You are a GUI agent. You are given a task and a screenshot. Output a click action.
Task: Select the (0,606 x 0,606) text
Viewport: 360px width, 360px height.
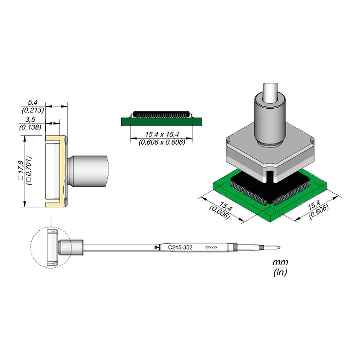[162, 142]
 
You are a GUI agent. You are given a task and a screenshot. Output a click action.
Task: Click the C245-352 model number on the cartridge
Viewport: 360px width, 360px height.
[180, 248]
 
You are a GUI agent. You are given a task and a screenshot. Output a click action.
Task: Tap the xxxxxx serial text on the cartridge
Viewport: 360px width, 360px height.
[211, 248]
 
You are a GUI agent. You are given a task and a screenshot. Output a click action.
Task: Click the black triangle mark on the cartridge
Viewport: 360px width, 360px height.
[156, 247]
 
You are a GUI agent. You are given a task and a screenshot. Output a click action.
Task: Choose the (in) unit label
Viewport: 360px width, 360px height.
[280, 273]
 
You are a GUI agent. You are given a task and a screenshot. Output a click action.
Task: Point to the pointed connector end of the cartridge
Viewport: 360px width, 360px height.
[278, 247]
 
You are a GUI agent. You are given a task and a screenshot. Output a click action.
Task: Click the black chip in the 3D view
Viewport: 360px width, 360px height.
[252, 187]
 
